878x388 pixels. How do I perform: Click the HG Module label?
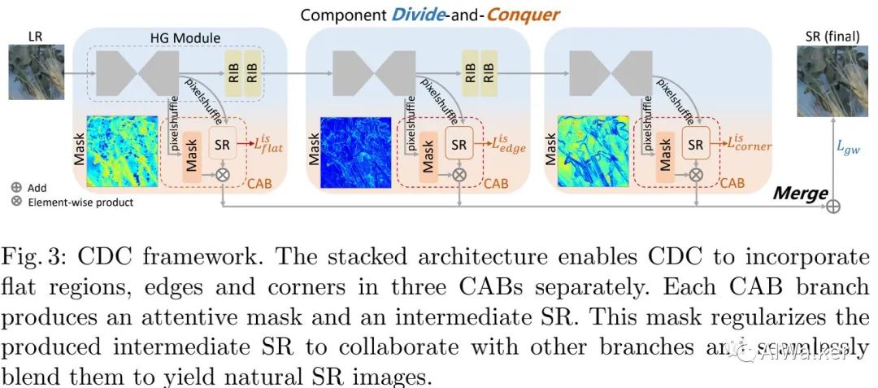(185, 37)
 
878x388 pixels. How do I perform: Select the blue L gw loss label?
(850, 146)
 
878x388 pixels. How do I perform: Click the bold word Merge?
(799, 194)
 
